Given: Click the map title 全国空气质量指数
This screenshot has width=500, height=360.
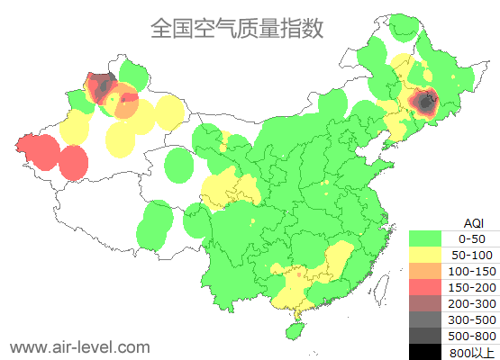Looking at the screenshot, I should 236,28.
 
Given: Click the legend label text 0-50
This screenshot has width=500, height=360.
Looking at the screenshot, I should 472,238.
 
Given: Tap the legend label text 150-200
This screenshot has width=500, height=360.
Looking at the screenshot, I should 472,287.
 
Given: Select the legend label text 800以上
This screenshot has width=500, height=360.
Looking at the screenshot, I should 472,352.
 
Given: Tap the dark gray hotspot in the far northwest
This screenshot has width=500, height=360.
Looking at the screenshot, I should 102,85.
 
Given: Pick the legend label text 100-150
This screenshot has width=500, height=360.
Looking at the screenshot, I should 472,271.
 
